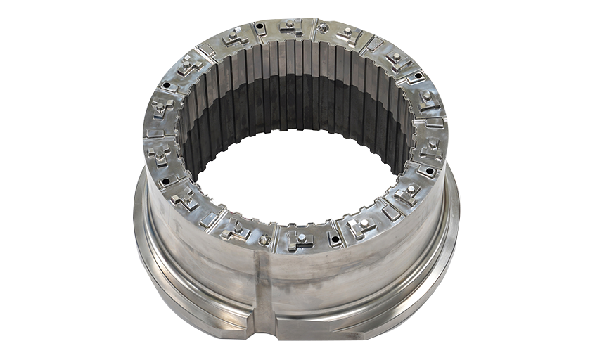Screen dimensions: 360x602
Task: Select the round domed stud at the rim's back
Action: point(323,28)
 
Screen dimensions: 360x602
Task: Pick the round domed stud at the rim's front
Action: point(264,240)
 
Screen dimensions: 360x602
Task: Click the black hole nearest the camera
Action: point(335,240)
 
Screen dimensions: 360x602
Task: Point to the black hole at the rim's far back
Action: point(260,27)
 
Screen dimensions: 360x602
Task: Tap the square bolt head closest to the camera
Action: point(301,238)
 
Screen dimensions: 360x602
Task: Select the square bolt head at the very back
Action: point(289,25)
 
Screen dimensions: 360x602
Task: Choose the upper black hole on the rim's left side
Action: point(167,88)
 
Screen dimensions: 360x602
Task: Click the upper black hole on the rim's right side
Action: point(420,76)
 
